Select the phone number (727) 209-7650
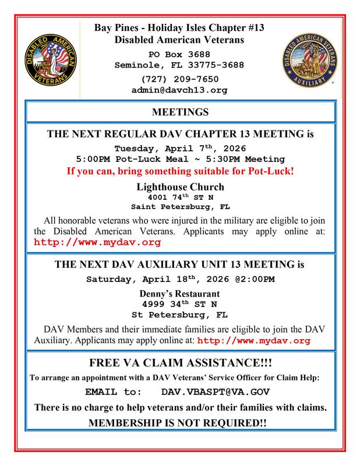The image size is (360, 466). pyautogui.click(x=179, y=79)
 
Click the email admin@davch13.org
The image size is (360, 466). pyautogui.click(x=180, y=90)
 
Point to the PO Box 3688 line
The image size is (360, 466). pyautogui.click(x=179, y=54)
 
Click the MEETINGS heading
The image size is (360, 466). pyautogui.click(x=179, y=111)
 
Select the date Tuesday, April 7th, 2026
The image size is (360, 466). pyautogui.click(x=179, y=147)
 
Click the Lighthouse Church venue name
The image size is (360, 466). pyautogui.click(x=179, y=188)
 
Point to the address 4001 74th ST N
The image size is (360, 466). pyautogui.click(x=179, y=197)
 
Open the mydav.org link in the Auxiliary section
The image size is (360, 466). pyautogui.click(x=254, y=340)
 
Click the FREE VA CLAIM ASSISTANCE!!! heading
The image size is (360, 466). pyautogui.click(x=179, y=363)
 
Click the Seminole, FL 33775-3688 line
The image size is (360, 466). pyautogui.click(x=179, y=65)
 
